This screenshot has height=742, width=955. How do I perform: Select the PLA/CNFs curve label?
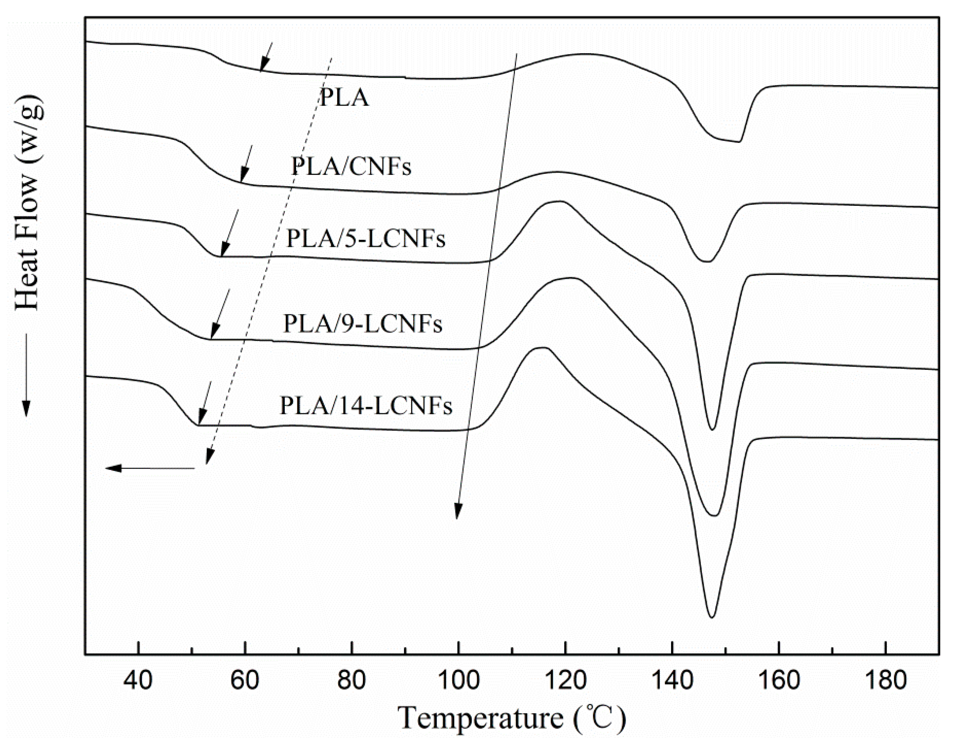coord(352,167)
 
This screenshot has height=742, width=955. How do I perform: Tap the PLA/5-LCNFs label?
coord(365,239)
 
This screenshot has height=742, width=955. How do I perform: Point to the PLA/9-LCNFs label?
coord(363,324)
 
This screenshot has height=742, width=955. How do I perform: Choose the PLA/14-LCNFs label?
coord(366,406)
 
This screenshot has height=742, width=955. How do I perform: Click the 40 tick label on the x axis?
coord(138,681)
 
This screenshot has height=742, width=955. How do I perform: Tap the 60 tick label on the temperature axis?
coord(245,681)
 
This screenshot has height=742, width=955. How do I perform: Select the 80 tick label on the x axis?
coord(352,681)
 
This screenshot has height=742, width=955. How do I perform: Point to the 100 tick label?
coord(458,681)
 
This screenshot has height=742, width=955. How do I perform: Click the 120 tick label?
coord(565,681)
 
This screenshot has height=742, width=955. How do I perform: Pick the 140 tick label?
coord(672,681)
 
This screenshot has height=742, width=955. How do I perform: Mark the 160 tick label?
coord(778,681)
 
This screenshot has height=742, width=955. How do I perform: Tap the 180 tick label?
coord(885,681)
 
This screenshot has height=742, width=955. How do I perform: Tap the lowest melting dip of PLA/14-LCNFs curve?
coord(711,616)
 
